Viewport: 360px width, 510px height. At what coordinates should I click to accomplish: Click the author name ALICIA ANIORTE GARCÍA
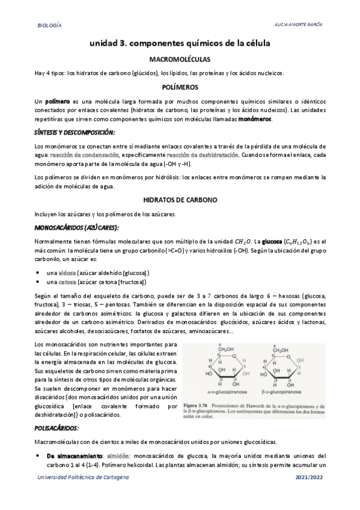coord(299,25)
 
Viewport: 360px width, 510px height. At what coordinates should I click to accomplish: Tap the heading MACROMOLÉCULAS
coord(180,60)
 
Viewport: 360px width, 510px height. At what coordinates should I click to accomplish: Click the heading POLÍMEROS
coord(180,87)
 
